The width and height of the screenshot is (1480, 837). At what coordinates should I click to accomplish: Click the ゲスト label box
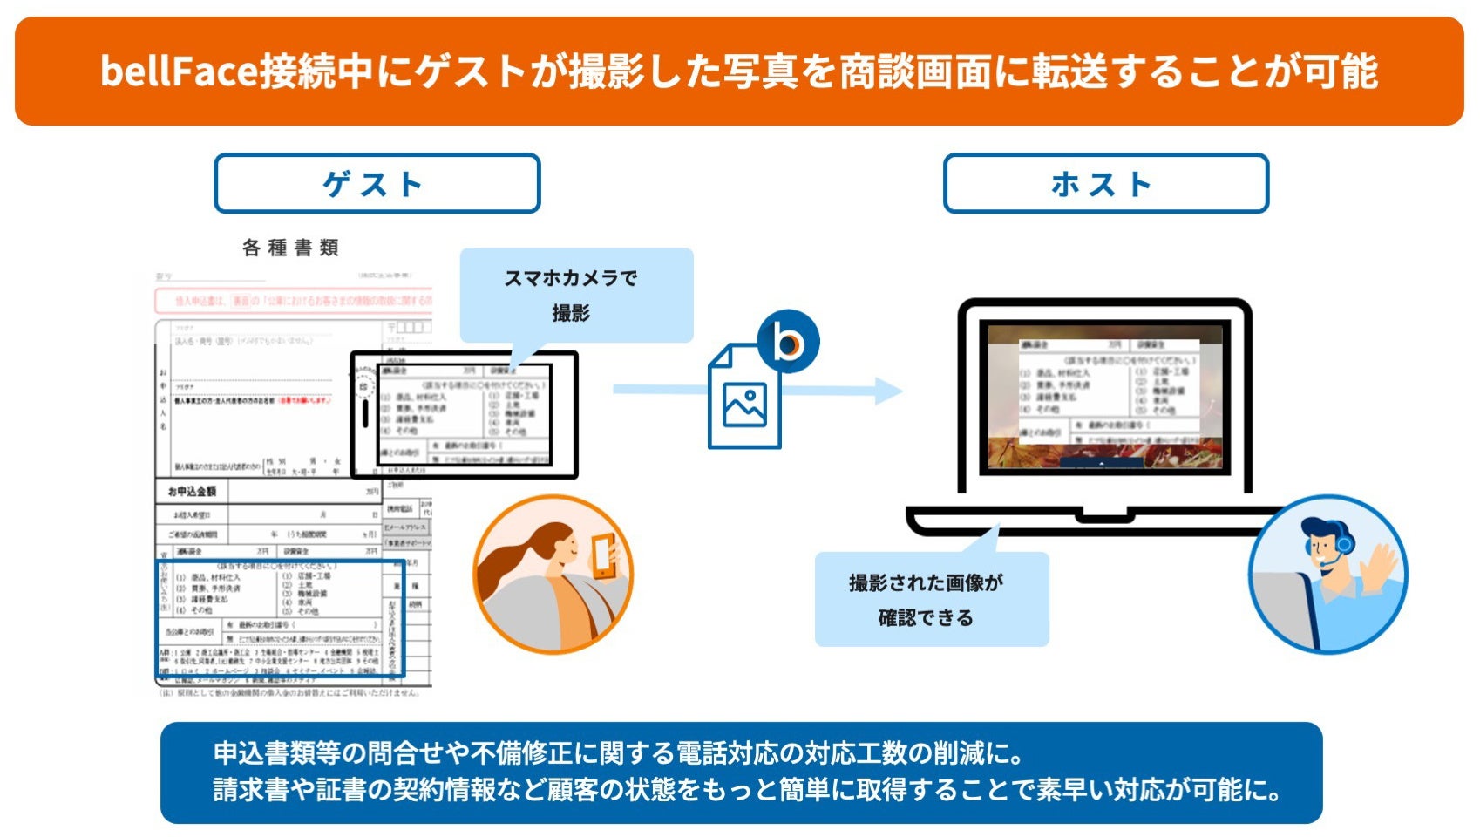(x=377, y=183)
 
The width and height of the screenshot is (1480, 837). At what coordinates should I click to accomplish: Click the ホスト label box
(x=1105, y=183)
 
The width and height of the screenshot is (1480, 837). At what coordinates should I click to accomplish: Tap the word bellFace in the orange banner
(x=180, y=71)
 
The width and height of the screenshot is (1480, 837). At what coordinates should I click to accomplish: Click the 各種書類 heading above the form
(x=290, y=248)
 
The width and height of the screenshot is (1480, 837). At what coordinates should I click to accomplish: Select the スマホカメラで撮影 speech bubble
(x=575, y=295)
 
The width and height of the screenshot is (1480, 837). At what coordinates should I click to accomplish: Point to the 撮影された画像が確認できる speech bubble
(x=930, y=600)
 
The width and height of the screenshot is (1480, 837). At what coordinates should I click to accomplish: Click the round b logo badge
(x=788, y=342)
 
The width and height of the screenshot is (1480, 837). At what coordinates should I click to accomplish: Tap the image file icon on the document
(x=743, y=403)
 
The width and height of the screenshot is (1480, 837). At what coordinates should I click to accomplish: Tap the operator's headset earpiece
(x=1343, y=545)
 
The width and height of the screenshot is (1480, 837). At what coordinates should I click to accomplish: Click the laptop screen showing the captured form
(x=1105, y=397)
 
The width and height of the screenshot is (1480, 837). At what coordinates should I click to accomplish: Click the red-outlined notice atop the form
(x=293, y=301)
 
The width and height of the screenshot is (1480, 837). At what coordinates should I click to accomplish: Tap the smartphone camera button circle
(x=363, y=384)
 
